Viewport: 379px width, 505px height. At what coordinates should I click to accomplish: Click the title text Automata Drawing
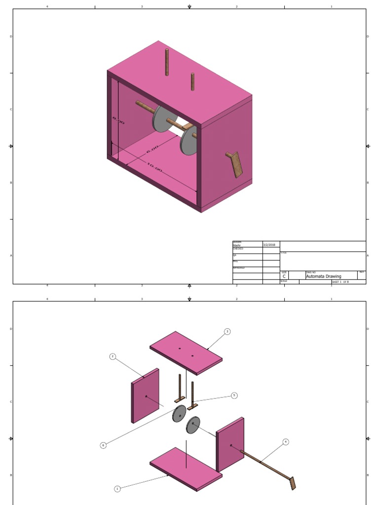(x=323, y=276)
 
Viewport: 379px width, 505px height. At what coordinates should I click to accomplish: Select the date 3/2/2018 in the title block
(x=269, y=245)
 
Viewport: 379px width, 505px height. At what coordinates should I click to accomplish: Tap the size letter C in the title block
(x=284, y=277)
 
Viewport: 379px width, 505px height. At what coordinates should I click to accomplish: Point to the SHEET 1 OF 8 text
(x=340, y=282)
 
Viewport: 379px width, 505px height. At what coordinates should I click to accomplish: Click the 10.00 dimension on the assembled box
(x=154, y=168)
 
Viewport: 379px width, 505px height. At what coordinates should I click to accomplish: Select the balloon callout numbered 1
(x=117, y=489)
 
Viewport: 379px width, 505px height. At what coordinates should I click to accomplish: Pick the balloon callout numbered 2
(x=113, y=356)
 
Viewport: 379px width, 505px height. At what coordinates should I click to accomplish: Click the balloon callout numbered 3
(x=227, y=331)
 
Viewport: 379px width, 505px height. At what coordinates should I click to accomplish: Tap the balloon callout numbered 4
(x=285, y=441)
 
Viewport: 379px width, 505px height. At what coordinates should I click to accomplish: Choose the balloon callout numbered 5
(x=234, y=395)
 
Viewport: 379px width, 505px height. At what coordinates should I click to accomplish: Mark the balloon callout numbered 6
(x=103, y=445)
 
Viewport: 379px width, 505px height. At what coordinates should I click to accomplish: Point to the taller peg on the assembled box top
(x=167, y=62)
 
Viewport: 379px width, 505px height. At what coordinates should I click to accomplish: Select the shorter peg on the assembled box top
(x=192, y=81)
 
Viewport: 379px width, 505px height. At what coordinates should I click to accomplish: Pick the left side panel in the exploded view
(x=145, y=396)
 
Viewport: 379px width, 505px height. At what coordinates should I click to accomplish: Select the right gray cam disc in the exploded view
(x=193, y=425)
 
